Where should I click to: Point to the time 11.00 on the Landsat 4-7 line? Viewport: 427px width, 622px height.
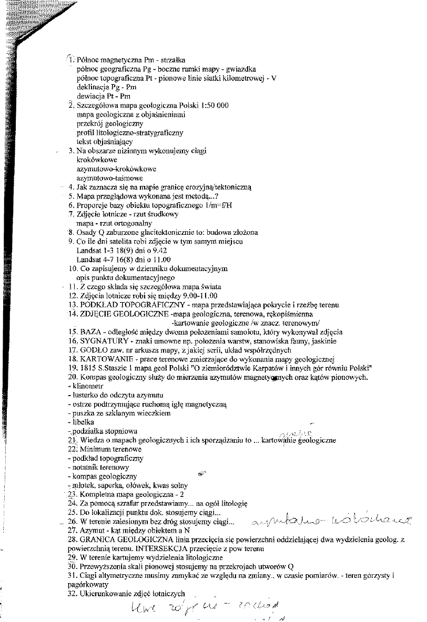click(160, 260)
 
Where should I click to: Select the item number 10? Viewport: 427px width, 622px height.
click(73, 268)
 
